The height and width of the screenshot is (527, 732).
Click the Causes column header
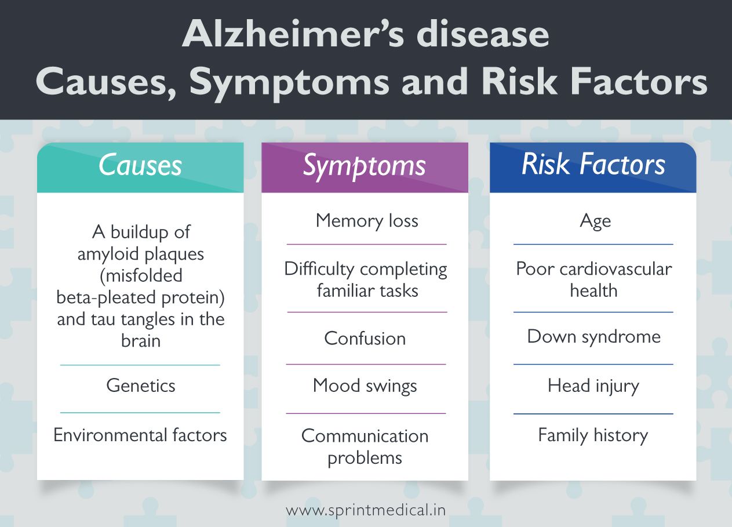click(x=140, y=166)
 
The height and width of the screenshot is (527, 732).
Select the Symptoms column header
click(x=365, y=166)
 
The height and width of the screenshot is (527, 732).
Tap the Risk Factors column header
click(x=593, y=165)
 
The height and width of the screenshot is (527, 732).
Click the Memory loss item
click(x=366, y=221)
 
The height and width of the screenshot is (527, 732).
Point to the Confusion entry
click(x=365, y=339)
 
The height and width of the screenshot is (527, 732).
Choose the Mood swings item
click(x=365, y=386)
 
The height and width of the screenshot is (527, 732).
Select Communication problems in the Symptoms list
click(x=365, y=446)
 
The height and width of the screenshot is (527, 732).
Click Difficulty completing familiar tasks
click(x=366, y=279)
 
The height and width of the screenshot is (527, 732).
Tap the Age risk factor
click(x=595, y=221)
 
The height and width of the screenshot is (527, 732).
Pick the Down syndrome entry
click(x=593, y=337)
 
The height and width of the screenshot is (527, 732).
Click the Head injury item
click(x=593, y=386)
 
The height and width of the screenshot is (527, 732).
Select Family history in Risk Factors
click(x=593, y=435)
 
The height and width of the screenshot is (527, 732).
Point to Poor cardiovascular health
click(x=593, y=279)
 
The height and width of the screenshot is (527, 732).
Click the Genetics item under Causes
click(x=140, y=386)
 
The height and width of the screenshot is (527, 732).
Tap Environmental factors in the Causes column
click(x=140, y=435)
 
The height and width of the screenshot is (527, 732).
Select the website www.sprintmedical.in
click(x=366, y=511)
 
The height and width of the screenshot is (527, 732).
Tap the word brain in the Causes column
click(x=140, y=340)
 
